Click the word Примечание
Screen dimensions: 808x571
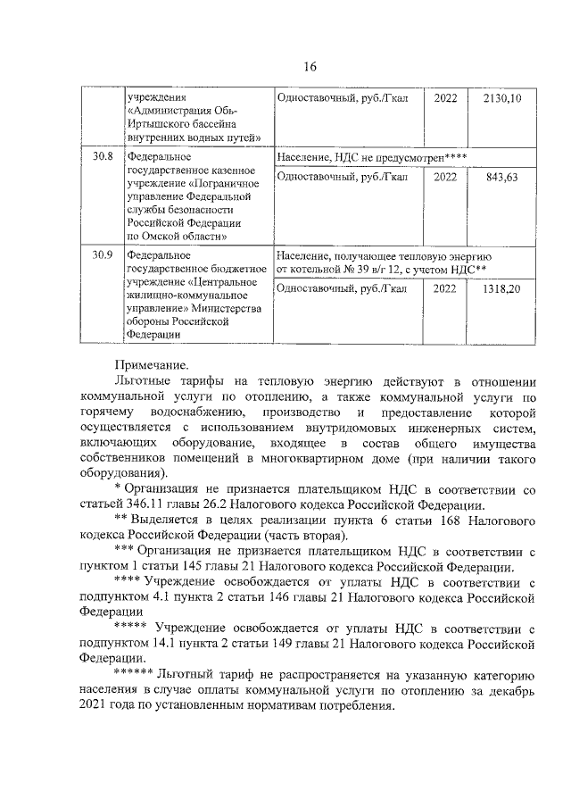(x=152, y=364)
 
